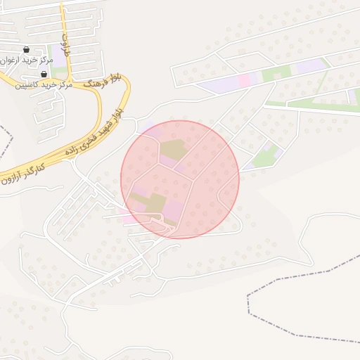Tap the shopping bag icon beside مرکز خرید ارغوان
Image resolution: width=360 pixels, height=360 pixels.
tap(27, 50)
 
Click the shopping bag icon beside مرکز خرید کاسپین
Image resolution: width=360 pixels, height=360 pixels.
tap(44, 74)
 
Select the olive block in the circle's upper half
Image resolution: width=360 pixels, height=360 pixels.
tap(172, 150)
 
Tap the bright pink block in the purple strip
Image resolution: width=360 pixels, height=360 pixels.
tap(245, 80)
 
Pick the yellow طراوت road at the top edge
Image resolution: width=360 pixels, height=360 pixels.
tap(63, 14)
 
